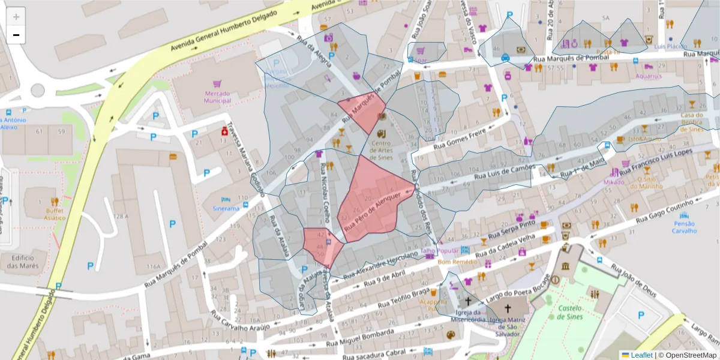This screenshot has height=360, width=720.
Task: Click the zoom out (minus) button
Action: tap(16, 35)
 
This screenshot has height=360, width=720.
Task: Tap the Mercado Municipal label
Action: tap(218, 97)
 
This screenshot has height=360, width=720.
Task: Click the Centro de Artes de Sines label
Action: tap(381, 148)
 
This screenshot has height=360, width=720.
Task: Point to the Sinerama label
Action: tap(226, 209)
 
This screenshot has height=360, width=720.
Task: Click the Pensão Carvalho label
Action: tap(684, 227)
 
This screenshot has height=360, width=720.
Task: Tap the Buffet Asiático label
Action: tap(54, 215)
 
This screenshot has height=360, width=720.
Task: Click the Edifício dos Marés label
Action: tap(25, 262)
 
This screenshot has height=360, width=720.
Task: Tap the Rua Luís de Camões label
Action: tap(504, 173)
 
